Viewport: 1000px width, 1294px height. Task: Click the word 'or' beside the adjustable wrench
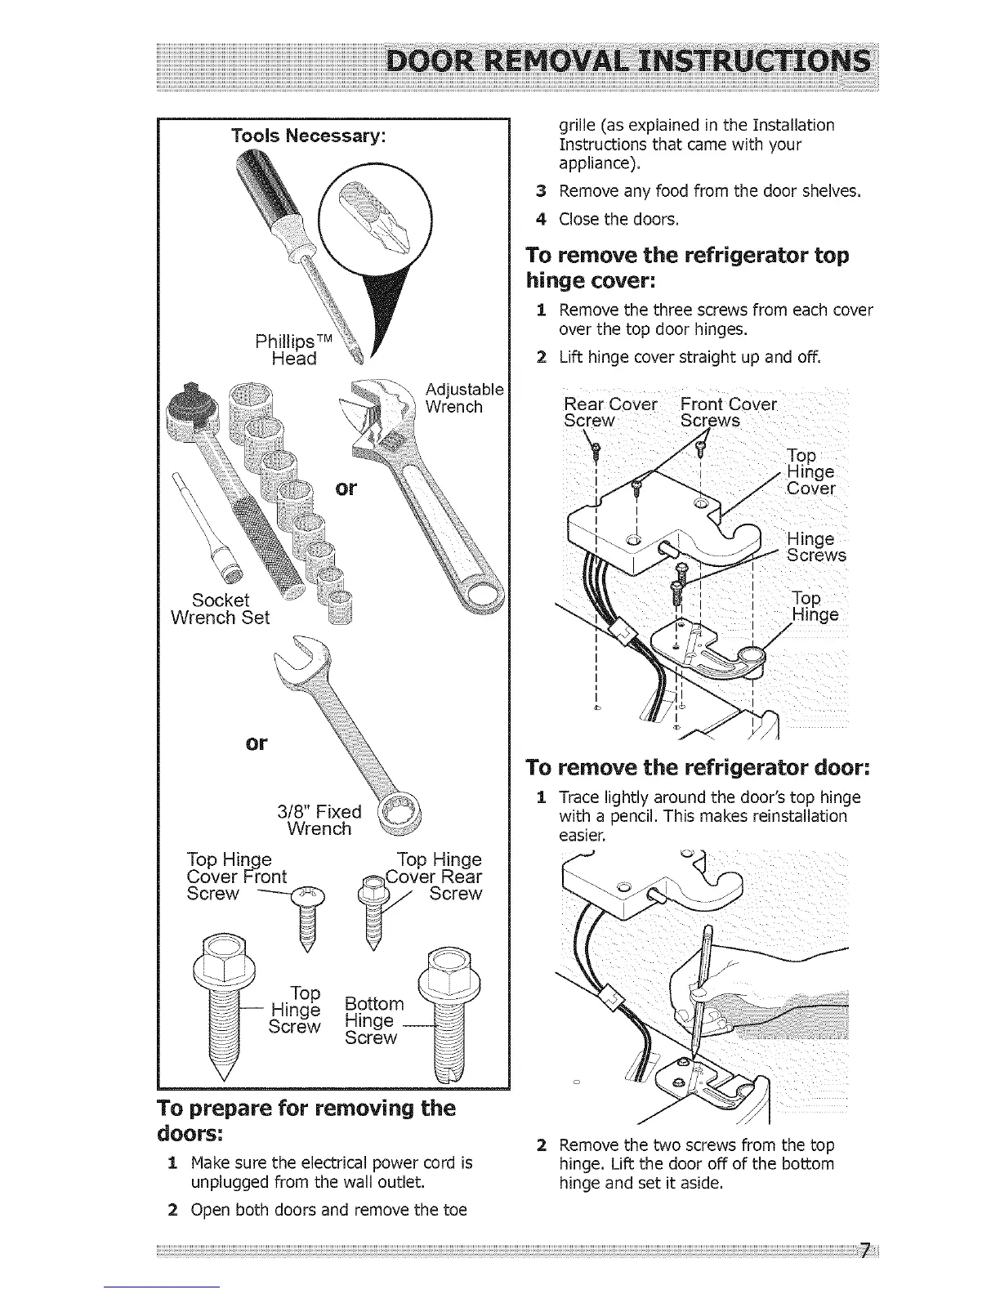coord(346,488)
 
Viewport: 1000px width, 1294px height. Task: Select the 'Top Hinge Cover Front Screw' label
coord(237,877)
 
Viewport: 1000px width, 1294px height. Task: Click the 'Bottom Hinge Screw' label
coord(373,1020)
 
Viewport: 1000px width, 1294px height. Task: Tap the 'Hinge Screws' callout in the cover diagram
coord(815,547)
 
